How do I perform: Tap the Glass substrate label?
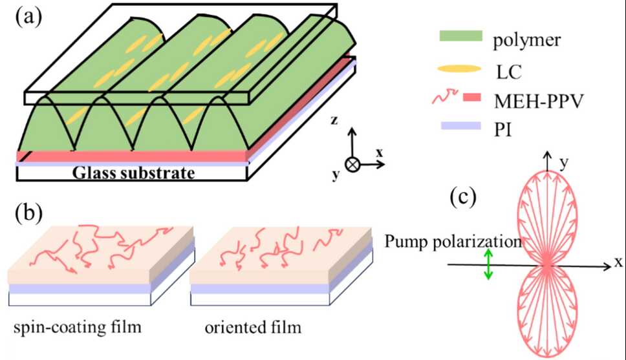[x=133, y=173]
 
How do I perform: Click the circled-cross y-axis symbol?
[x=352, y=164]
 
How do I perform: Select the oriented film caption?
[x=253, y=328]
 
